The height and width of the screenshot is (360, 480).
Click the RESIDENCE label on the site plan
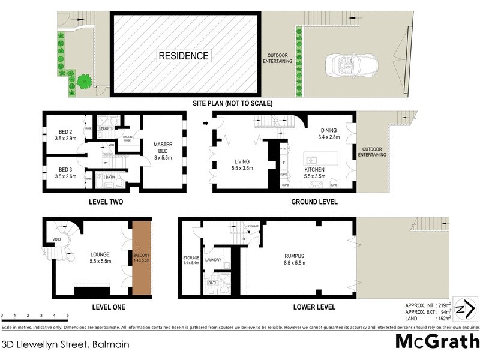point(184,56)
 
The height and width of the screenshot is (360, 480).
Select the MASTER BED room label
point(163,149)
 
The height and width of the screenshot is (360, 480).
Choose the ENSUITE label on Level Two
point(107,128)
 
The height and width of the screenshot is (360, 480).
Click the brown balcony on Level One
point(143,259)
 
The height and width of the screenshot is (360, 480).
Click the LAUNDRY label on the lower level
point(214,260)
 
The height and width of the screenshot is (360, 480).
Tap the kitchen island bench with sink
point(320,160)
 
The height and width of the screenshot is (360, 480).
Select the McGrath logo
point(437,341)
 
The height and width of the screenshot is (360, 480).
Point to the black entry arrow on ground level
point(206,124)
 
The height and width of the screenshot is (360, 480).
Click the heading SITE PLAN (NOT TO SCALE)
point(232,103)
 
